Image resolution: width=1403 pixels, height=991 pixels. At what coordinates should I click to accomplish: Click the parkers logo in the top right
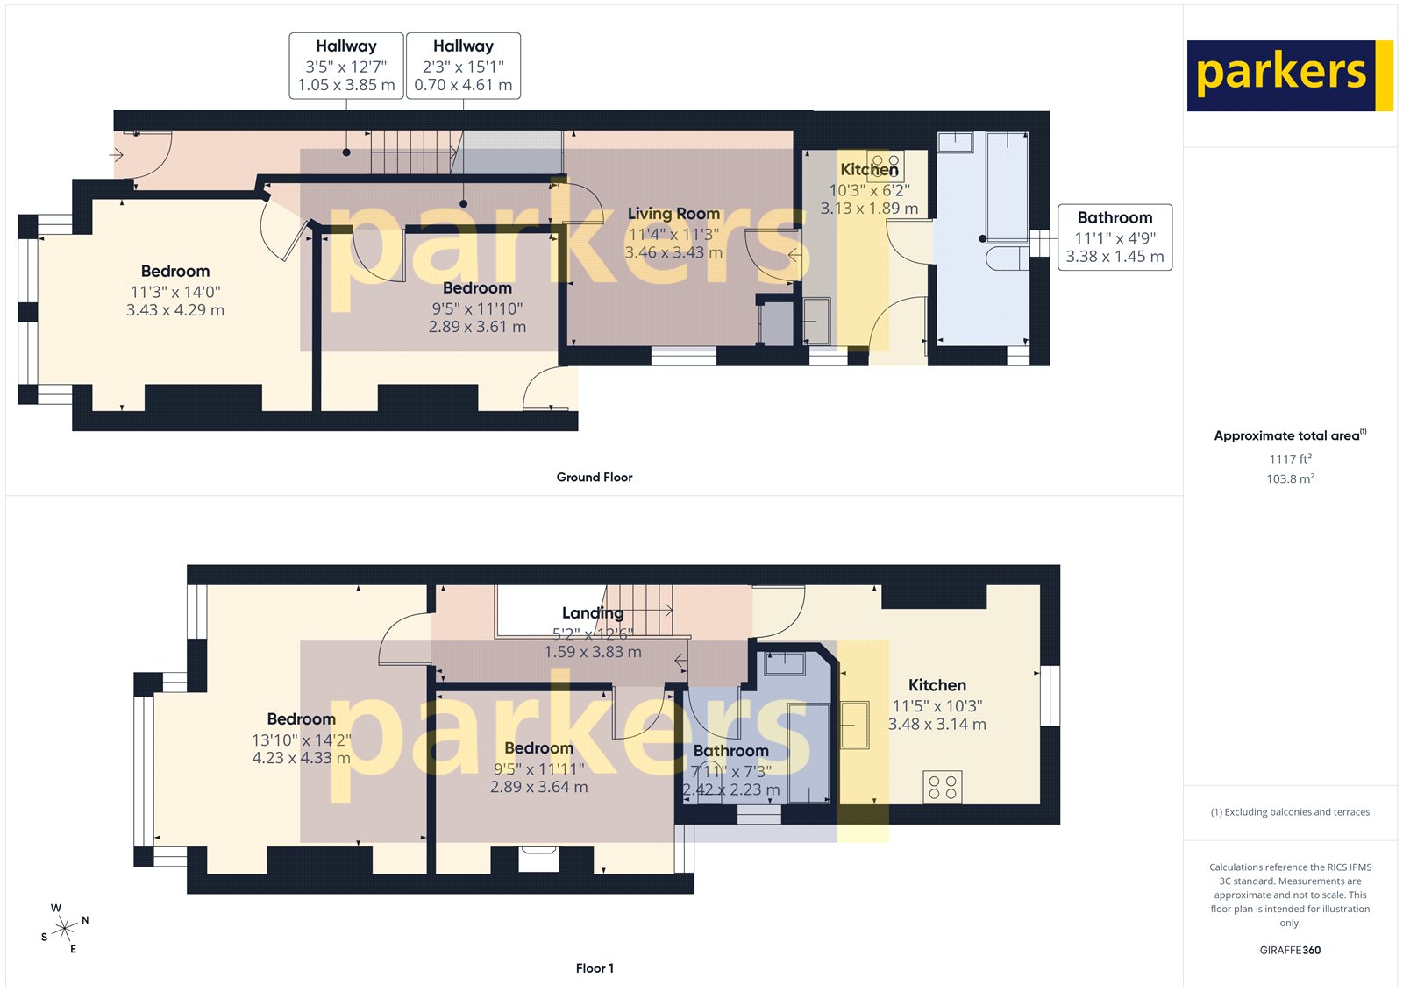pyautogui.click(x=1289, y=75)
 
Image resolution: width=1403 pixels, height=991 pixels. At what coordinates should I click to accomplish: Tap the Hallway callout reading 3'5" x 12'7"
pyautogui.click(x=346, y=66)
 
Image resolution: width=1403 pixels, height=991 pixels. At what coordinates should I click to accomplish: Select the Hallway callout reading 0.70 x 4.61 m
pyautogui.click(x=463, y=66)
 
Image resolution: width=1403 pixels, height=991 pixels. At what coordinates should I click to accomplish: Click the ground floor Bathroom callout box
pyautogui.click(x=1115, y=237)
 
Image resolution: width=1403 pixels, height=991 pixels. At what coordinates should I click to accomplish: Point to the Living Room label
pyautogui.click(x=673, y=214)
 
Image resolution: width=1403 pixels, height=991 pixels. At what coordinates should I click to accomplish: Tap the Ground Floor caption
pyautogui.click(x=594, y=478)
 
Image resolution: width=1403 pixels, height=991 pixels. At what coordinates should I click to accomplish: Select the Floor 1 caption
pyautogui.click(x=594, y=968)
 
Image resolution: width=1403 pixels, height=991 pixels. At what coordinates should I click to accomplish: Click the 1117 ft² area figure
pyautogui.click(x=1290, y=459)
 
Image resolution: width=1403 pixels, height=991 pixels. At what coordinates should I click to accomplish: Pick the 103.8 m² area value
pyautogui.click(x=1290, y=479)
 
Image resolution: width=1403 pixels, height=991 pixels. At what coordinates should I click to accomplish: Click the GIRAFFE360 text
pyautogui.click(x=1290, y=950)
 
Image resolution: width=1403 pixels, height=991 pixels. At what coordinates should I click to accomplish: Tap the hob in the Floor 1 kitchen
pyautogui.click(x=943, y=786)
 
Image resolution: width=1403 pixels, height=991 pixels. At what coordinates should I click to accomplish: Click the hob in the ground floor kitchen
pyautogui.click(x=886, y=164)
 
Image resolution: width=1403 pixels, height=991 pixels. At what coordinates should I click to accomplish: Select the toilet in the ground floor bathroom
pyautogui.click(x=1008, y=258)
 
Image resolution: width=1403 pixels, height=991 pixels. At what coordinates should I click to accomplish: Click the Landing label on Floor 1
pyautogui.click(x=593, y=613)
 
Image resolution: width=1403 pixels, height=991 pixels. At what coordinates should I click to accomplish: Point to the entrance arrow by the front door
pyautogui.click(x=117, y=156)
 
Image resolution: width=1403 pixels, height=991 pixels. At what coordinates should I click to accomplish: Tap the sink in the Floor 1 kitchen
pyautogui.click(x=855, y=724)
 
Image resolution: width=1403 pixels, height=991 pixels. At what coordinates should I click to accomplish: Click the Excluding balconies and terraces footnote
pyautogui.click(x=1290, y=812)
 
